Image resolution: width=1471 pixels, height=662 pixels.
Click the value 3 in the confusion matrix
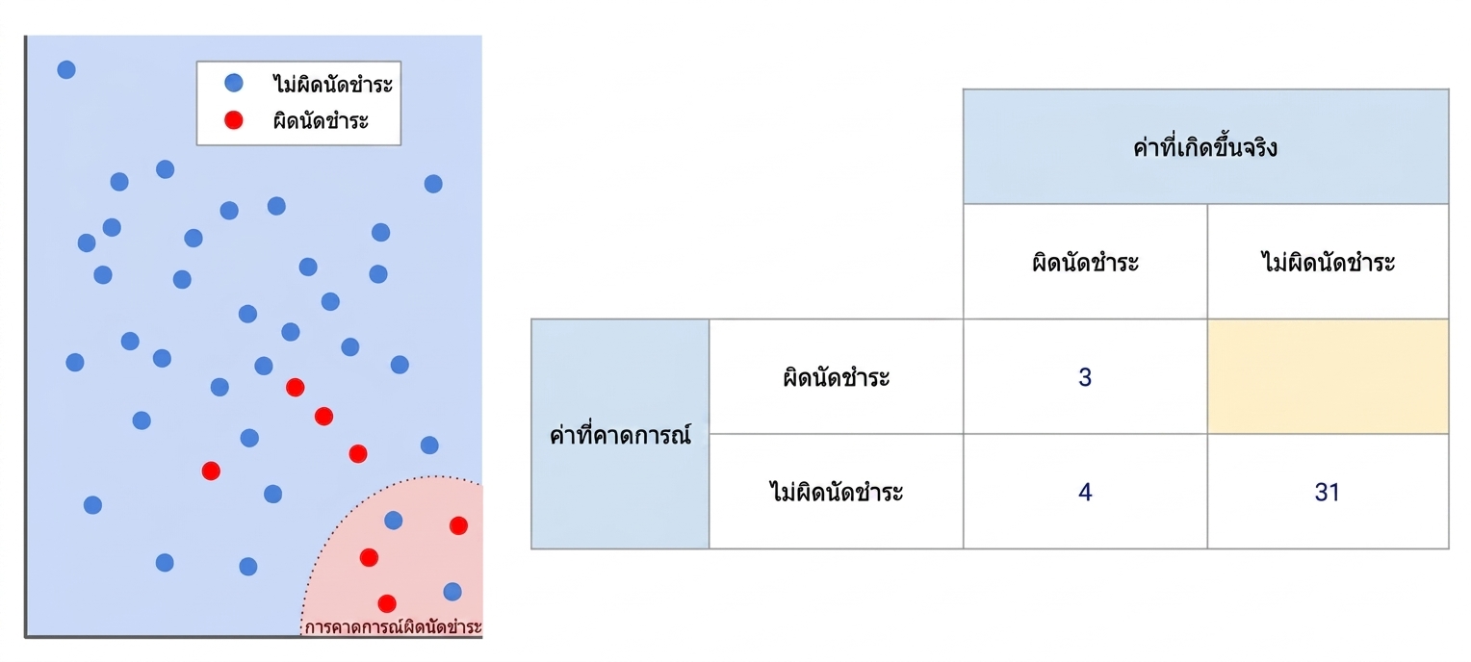click(x=1085, y=377)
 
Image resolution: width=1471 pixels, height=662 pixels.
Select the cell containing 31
click(x=1328, y=492)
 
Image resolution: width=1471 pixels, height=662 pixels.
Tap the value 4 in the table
click(x=1085, y=492)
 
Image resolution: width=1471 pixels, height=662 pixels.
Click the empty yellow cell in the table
click(x=1328, y=376)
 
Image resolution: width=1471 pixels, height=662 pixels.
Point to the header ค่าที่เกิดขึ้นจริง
click(x=1205, y=147)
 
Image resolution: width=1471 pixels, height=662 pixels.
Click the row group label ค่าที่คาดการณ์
click(x=621, y=434)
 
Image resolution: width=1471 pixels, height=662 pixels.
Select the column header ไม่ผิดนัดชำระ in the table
click(x=1328, y=262)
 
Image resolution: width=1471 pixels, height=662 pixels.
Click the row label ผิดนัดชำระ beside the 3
click(x=836, y=377)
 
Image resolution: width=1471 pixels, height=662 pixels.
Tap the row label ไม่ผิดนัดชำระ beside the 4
click(x=836, y=492)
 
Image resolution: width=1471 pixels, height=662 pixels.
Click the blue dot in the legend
click(x=234, y=83)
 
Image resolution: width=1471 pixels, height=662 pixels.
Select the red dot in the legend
click(x=234, y=120)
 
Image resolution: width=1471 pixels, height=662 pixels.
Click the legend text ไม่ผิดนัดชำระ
click(x=332, y=84)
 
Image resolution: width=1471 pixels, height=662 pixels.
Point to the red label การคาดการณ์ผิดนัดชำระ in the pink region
click(x=393, y=626)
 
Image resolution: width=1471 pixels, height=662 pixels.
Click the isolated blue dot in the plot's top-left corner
click(x=66, y=69)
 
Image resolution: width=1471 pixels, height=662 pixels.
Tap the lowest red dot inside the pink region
click(x=387, y=603)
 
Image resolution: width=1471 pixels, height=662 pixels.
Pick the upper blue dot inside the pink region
click(x=394, y=521)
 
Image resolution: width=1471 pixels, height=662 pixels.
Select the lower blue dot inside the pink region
click(x=452, y=592)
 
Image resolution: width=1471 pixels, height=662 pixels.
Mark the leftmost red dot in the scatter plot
click(x=211, y=471)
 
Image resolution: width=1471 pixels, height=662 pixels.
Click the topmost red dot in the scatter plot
click(x=296, y=387)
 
